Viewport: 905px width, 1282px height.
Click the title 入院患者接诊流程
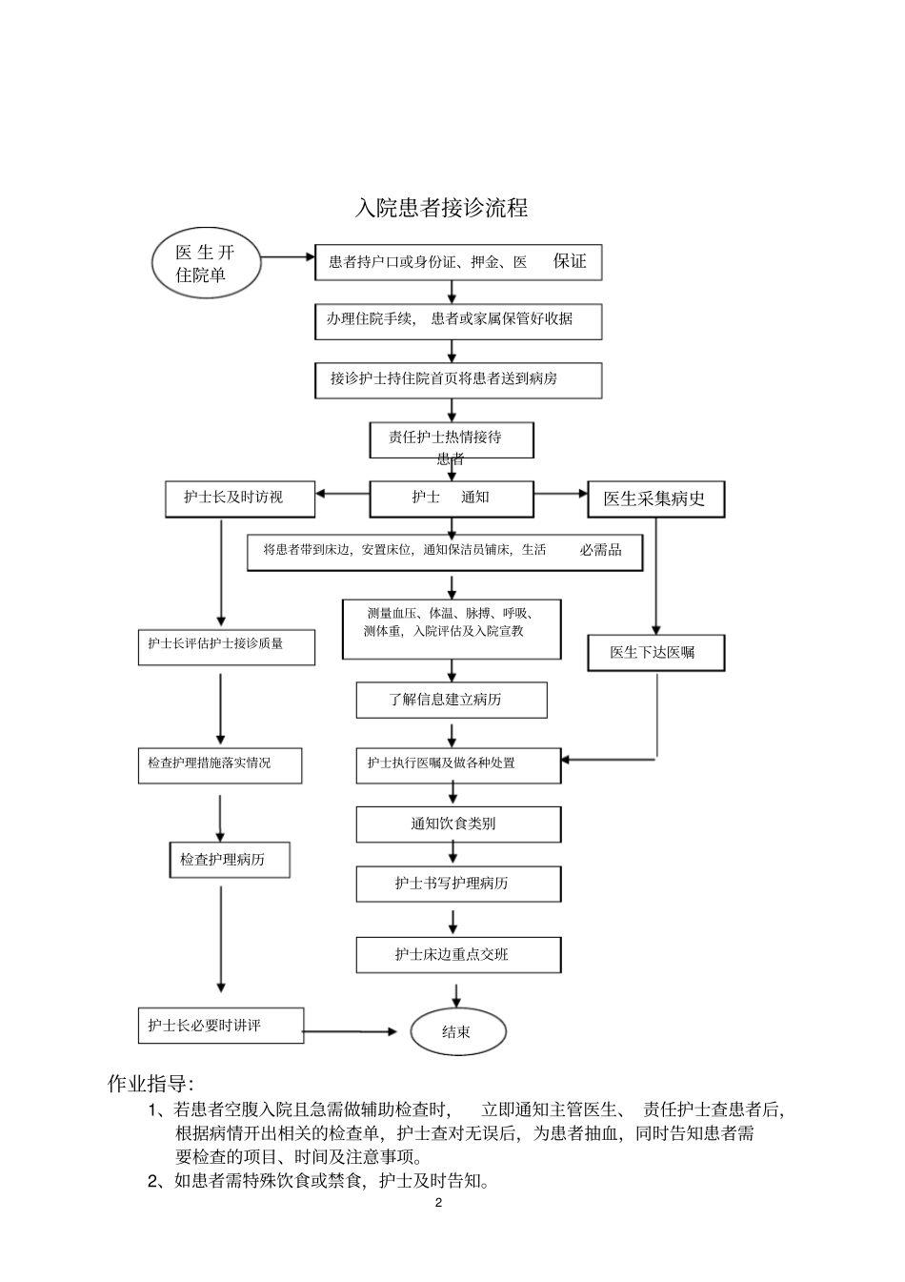(441, 208)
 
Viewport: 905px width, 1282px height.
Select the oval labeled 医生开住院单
(205, 263)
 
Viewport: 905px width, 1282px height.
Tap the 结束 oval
(457, 1031)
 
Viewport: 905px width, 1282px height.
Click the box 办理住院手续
(458, 320)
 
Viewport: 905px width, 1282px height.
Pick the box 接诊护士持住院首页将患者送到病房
(458, 379)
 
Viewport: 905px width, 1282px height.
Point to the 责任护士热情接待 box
(451, 439)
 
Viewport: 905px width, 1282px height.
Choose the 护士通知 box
(451, 498)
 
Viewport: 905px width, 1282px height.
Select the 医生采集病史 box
(655, 499)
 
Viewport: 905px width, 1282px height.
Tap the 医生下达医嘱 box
(654, 653)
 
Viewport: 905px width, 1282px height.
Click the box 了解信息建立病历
(452, 700)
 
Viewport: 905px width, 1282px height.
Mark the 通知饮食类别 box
(458, 824)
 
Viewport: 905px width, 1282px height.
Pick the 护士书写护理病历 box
(458, 884)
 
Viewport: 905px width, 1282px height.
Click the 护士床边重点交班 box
(458, 954)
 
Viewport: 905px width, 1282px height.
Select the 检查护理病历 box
(229, 860)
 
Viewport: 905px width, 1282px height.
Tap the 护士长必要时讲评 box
(220, 1026)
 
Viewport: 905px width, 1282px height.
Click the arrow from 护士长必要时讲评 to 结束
(352, 1031)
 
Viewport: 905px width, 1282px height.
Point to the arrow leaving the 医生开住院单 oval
(287, 256)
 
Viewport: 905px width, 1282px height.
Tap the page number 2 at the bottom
(438, 1203)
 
